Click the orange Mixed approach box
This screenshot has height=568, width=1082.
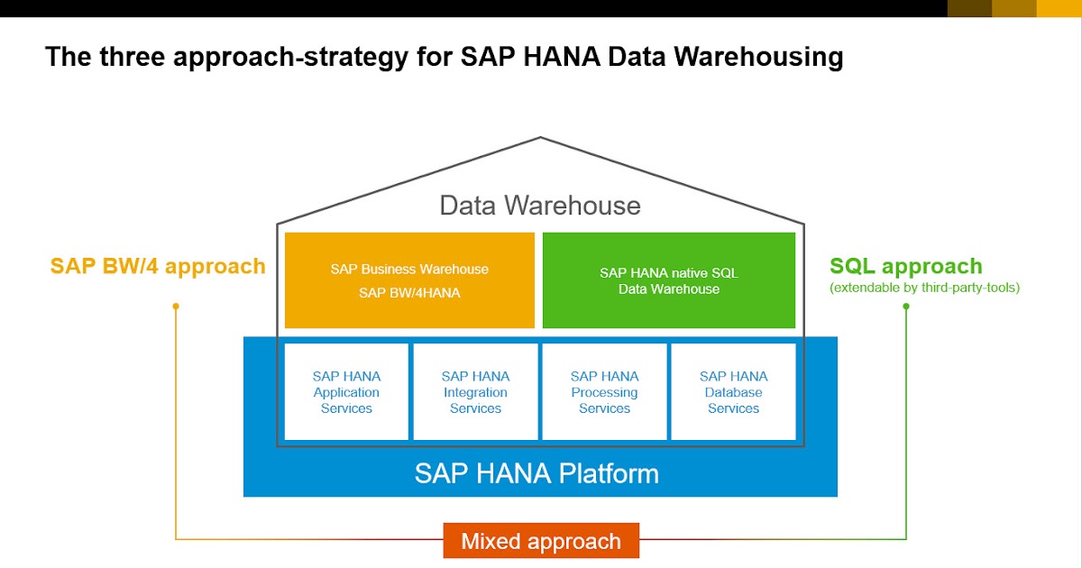(541, 541)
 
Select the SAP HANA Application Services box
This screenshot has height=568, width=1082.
(346, 392)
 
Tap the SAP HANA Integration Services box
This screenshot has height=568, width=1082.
(475, 392)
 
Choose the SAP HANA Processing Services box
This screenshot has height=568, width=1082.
(604, 392)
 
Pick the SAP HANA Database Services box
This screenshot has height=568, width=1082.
(733, 392)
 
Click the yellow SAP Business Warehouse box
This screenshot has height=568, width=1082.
(409, 280)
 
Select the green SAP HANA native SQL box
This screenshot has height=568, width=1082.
(668, 280)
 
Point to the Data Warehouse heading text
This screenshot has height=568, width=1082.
(540, 206)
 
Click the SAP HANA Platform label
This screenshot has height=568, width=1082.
(536, 473)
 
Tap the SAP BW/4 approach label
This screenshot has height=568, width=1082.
(158, 266)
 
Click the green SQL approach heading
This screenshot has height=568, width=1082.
(905, 266)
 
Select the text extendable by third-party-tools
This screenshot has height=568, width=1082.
(924, 289)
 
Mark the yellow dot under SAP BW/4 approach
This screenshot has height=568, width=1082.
(176, 307)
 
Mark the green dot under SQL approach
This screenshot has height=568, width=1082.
(905, 307)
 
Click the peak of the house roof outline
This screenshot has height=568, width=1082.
(540, 138)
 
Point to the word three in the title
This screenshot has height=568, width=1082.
(123, 58)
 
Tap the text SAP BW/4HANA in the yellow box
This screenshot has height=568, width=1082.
(409, 292)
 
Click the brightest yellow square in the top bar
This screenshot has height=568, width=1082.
(1059, 8)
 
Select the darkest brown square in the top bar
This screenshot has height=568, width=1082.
(969, 8)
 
